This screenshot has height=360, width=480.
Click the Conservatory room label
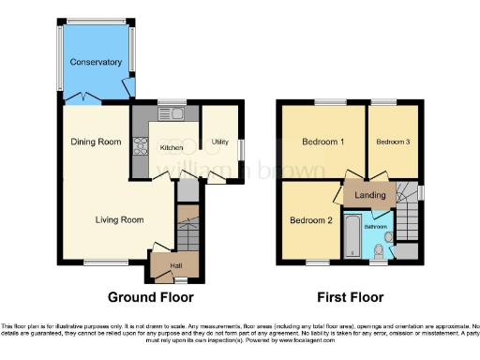tap(97, 63)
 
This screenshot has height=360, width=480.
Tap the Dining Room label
tap(97, 142)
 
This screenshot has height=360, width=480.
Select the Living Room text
tap(118, 220)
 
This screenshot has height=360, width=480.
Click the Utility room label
tap(220, 142)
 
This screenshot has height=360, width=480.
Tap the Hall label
tap(175, 265)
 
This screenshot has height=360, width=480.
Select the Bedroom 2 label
tap(310, 221)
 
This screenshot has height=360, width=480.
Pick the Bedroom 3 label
tap(392, 142)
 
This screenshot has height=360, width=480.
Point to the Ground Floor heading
tap(151, 297)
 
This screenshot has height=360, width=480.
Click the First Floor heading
tap(348, 297)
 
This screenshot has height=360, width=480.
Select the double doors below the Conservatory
tap(84, 97)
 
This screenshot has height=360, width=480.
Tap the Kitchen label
tap(171, 148)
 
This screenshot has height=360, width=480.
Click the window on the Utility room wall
tap(242, 149)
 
